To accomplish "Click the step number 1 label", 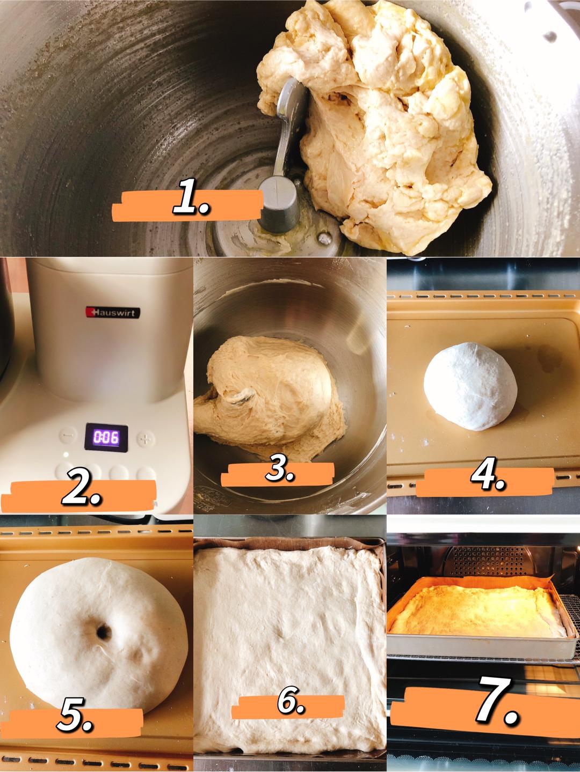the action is click(192, 196).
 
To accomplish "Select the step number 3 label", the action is click(280, 468).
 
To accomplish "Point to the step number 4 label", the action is click(488, 474).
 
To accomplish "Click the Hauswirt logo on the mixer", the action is click(113, 312).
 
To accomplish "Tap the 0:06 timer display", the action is click(106, 437).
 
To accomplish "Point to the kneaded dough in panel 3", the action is click(269, 398).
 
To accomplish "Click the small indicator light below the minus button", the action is click(66, 454).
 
